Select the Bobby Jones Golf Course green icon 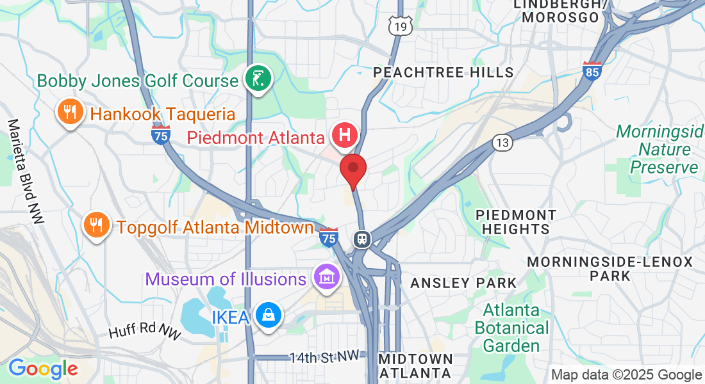(x=259, y=79)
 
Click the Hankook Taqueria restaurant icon (x=69, y=113)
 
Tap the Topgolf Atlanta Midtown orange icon (x=96, y=225)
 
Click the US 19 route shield (x=400, y=26)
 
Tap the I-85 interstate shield (x=592, y=70)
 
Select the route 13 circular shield (x=503, y=143)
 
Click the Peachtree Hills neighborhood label (x=444, y=72)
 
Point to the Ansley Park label (x=463, y=283)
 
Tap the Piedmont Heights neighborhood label (x=516, y=221)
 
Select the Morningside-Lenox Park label (x=610, y=269)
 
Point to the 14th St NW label (x=322, y=357)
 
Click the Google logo (x=43, y=369)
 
